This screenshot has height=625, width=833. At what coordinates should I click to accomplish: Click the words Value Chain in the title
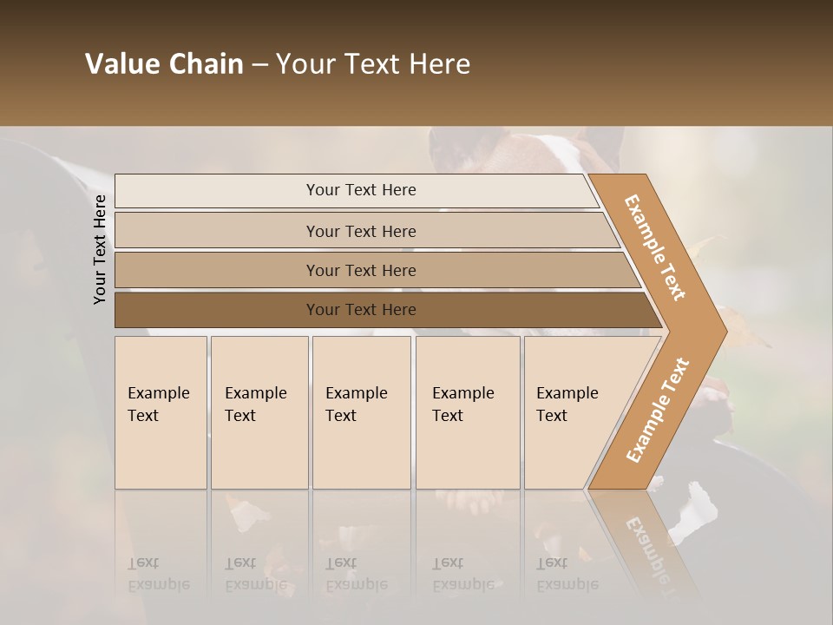pyautogui.click(x=164, y=64)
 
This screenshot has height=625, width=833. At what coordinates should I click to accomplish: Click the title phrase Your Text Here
pyautogui.click(x=373, y=64)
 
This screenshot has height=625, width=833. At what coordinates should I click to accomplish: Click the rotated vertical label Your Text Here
pyautogui.click(x=100, y=249)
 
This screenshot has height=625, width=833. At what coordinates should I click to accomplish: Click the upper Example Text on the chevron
pyautogui.click(x=655, y=247)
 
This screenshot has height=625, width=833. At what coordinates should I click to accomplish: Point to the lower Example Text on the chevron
pyautogui.click(x=657, y=411)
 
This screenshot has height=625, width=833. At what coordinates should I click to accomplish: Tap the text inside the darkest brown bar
pyautogui.click(x=361, y=310)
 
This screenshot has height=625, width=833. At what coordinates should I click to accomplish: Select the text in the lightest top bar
pyautogui.click(x=361, y=190)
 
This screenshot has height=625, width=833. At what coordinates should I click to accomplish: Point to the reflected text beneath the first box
pyautogui.click(x=158, y=574)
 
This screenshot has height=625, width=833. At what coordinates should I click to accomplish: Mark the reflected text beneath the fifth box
pyautogui.click(x=567, y=574)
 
